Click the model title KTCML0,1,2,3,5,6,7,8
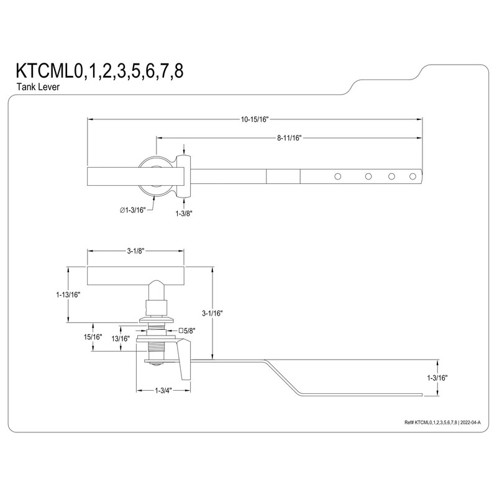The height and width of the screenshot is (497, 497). coord(99,71)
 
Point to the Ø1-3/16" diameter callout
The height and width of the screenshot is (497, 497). coord(132,211)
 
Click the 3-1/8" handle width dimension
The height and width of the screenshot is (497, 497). coord(136,252)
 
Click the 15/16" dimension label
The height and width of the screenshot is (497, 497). coord(93,337)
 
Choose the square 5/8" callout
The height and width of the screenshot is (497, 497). coord(186,331)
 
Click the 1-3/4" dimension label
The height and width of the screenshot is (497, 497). coord(164,390)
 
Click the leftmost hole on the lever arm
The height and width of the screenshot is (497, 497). coord(338,176)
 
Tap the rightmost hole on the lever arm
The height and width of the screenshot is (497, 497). coord(413,176)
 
